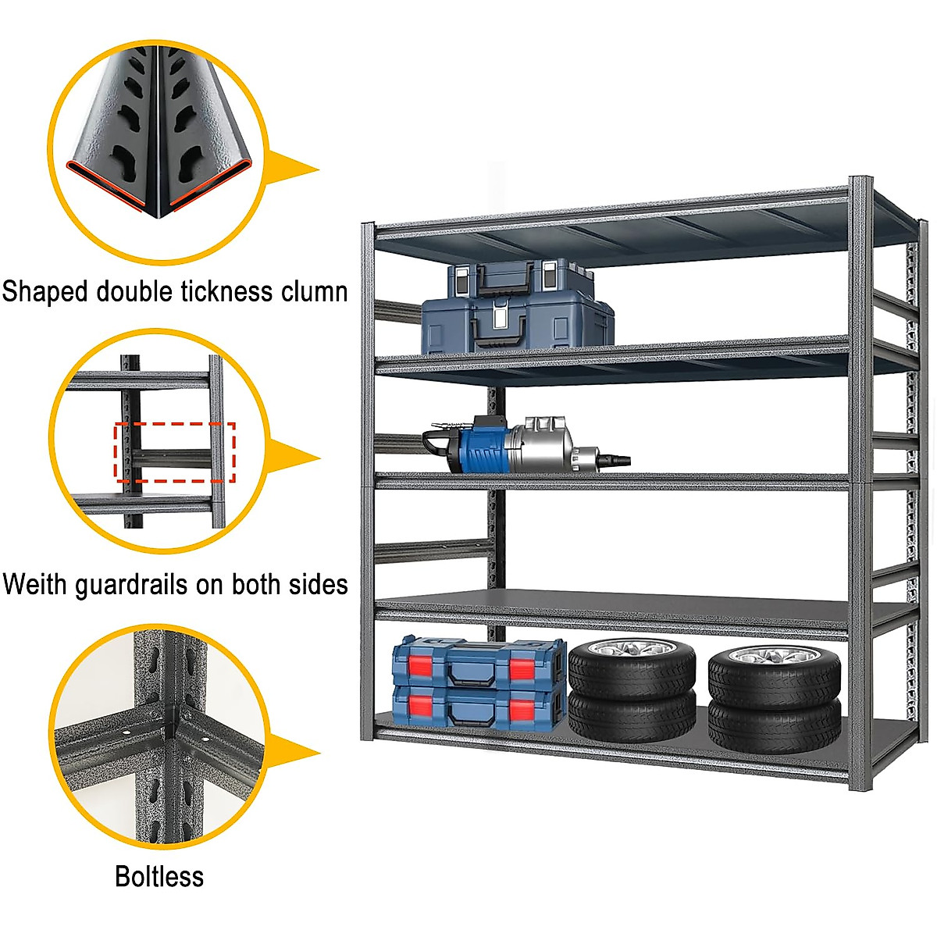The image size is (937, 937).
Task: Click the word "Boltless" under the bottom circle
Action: click(159, 876)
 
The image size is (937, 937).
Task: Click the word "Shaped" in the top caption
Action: click(45, 292)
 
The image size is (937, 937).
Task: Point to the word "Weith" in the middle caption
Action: click(35, 584)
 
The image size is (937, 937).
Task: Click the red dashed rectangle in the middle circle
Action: click(175, 452)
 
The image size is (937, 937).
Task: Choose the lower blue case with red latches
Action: click(478, 707)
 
